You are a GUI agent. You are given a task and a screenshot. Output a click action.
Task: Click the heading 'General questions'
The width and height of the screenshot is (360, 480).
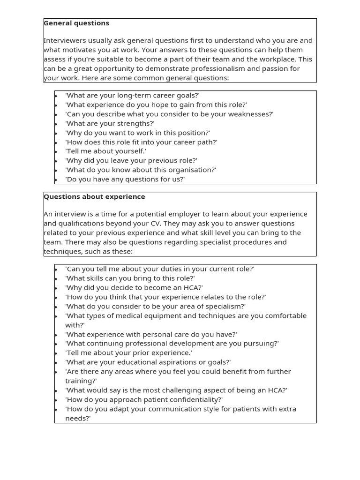76,23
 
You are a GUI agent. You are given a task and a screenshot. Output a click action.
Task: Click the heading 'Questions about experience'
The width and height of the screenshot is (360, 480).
94,196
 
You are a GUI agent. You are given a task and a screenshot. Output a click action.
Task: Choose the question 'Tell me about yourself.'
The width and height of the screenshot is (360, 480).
106,151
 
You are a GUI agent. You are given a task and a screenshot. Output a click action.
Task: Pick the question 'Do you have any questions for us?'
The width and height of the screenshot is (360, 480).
125,179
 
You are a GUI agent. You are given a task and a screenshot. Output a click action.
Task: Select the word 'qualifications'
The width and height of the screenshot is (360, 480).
83,224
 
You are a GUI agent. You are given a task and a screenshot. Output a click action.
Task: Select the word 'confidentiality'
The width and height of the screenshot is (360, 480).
194,399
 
